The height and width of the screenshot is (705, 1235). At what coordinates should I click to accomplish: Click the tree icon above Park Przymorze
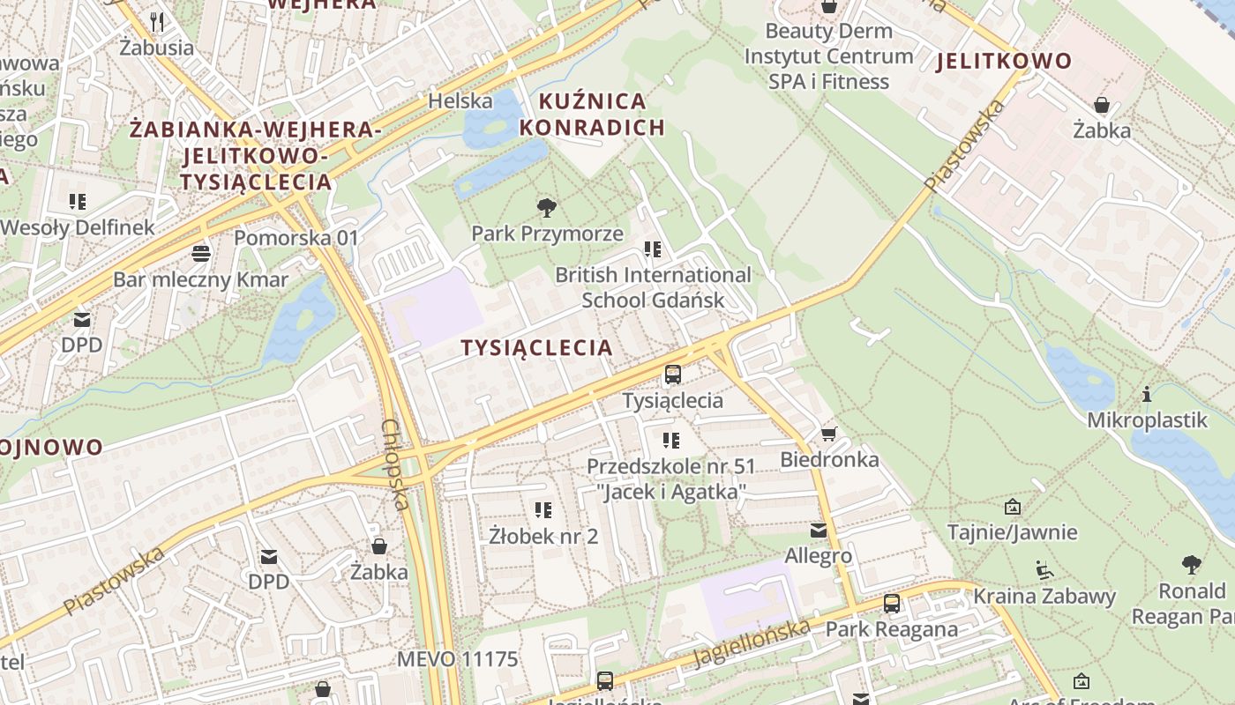547,208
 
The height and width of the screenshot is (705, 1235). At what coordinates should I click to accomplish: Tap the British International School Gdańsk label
653,287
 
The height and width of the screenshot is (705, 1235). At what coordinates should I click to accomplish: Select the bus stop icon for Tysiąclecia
673,375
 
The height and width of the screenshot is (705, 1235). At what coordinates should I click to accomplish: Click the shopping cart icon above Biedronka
828,434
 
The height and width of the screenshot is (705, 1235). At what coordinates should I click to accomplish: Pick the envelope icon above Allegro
819,530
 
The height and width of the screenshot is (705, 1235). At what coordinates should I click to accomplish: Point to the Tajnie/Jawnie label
1012,532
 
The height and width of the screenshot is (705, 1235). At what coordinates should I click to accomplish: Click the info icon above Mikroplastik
1147,394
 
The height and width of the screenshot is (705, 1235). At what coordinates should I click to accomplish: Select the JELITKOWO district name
1004,62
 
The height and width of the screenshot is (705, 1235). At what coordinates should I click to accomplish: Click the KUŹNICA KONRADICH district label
592,115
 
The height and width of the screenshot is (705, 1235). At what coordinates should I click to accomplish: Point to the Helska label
460,101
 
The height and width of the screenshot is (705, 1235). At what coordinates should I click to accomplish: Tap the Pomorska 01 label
296,238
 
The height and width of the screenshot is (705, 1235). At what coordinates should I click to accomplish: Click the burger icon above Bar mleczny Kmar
201,254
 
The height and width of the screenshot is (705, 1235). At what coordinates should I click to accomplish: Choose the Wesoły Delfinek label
78,227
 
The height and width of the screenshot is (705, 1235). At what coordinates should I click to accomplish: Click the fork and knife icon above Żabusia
157,21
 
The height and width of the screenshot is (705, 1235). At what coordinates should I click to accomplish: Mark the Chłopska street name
394,464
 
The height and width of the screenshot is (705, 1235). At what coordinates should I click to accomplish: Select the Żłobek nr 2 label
543,536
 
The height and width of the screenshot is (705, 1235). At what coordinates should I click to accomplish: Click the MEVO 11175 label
457,659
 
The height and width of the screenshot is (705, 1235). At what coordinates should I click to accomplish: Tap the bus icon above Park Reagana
892,604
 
